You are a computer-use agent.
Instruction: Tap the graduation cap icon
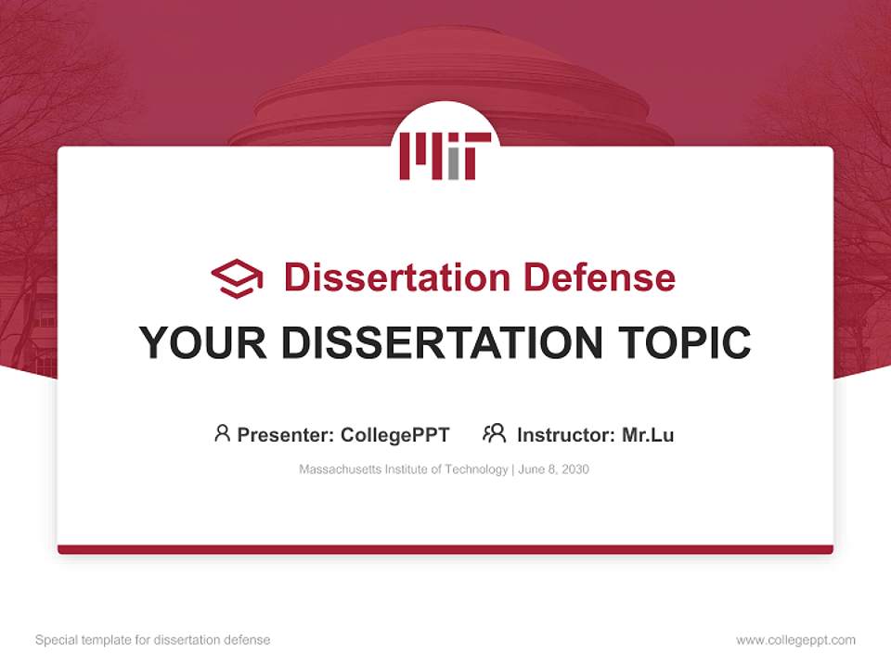(238, 278)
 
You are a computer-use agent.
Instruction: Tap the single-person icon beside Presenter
(222, 433)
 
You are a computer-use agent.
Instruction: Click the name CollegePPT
(394, 434)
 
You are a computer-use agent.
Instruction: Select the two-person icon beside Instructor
(494, 433)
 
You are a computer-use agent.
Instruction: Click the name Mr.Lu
(648, 434)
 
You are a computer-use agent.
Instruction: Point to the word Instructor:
(565, 434)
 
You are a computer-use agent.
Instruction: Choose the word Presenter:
(286, 434)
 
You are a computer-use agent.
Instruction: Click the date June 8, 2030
(554, 469)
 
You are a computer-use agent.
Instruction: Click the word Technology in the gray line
(476, 469)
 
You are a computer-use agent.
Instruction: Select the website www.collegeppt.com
(795, 640)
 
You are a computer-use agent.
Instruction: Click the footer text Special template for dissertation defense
(152, 640)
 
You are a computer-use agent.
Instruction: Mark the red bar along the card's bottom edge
(445, 549)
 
